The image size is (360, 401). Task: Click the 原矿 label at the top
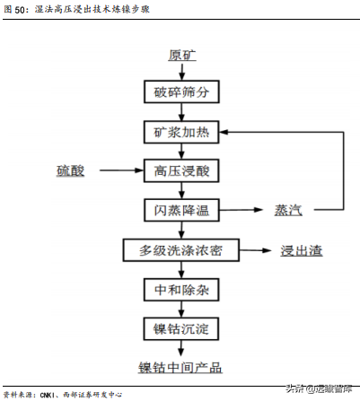coord(181,55)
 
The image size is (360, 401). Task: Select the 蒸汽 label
coord(288,210)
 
